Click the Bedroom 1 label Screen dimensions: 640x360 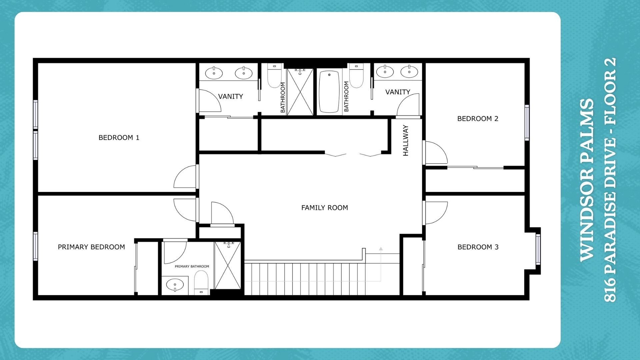click(x=119, y=138)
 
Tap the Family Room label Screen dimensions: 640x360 click(x=324, y=208)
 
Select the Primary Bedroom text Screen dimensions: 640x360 click(x=91, y=247)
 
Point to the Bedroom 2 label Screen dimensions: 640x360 click(x=478, y=119)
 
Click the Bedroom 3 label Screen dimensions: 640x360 click(x=478, y=247)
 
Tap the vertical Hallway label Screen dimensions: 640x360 click(x=406, y=140)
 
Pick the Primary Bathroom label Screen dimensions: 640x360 click(x=192, y=266)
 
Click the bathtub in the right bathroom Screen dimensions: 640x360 click(x=329, y=91)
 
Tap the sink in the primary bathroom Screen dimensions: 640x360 click(x=175, y=285)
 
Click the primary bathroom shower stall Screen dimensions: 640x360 click(x=227, y=265)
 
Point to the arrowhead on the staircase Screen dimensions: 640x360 click(x=381, y=249)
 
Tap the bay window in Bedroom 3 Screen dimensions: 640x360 click(x=538, y=249)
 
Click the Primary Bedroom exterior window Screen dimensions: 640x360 click(x=35, y=246)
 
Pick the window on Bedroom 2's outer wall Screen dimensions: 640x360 click(x=527, y=122)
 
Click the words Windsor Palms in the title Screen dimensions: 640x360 click(x=587, y=180)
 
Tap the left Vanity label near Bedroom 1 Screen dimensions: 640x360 click(x=230, y=96)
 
